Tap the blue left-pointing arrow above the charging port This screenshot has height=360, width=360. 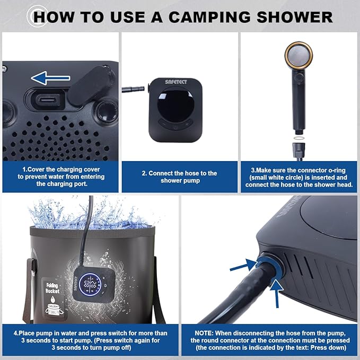pyautogui.click(x=50, y=78)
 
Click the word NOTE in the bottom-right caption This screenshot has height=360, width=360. pyautogui.click(x=204, y=333)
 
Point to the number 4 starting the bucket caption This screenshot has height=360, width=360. pyautogui.click(x=16, y=333)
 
